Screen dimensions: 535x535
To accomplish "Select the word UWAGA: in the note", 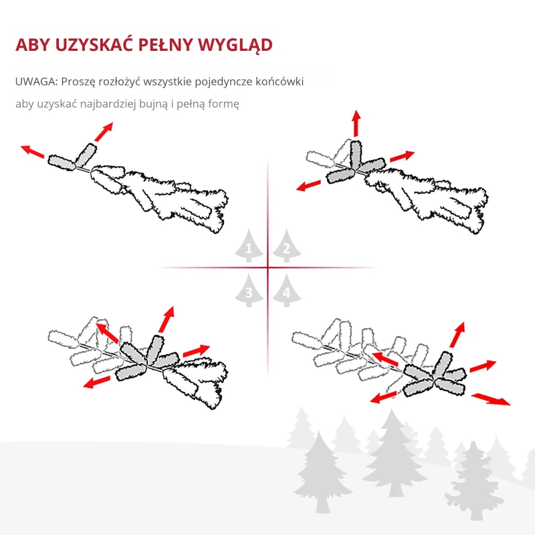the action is point(37,82).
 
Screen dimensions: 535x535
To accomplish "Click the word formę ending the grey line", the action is point(223,104).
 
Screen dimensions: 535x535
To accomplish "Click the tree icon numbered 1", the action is point(249,245).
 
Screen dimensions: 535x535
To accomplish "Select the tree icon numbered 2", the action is point(287,245).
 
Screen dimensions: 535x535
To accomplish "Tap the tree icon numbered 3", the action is point(249,290).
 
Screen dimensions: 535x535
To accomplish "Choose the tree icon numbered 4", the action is point(287,290).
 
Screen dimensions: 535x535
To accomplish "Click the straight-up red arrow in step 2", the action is point(356,123).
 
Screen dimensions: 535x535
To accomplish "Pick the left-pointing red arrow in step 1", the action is point(32,152).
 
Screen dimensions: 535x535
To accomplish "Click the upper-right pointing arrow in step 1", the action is point(104,132).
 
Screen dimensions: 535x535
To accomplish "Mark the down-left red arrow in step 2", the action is point(308,185).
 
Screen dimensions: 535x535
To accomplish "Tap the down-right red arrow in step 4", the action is point(491,399).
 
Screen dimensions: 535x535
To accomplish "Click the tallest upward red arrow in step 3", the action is point(166,320).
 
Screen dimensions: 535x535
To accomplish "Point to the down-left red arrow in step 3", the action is point(97,382).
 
